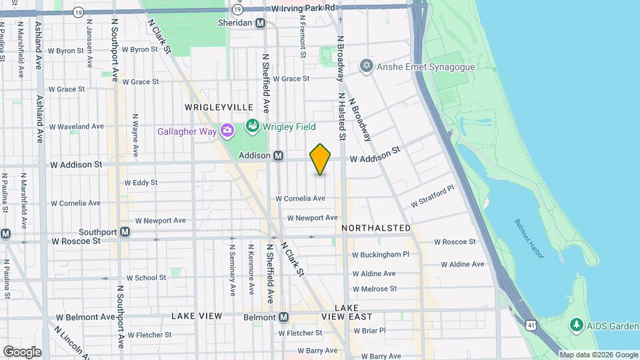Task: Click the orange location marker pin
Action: coord(321,159)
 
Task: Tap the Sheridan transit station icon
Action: coord(261,23)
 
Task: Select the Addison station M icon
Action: coord(279,155)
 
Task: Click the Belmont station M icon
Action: coord(284,317)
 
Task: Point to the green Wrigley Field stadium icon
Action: coord(252,125)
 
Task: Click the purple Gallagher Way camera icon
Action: coord(227,131)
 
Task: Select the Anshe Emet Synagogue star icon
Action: coord(365,65)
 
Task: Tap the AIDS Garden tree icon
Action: coord(577,325)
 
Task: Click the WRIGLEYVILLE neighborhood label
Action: coord(209,107)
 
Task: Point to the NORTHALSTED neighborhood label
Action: coord(376,228)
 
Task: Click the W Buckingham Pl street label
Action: coord(381,254)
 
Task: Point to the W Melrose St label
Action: coord(375,289)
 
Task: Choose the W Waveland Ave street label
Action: coord(76,126)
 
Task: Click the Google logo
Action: coord(22,351)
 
